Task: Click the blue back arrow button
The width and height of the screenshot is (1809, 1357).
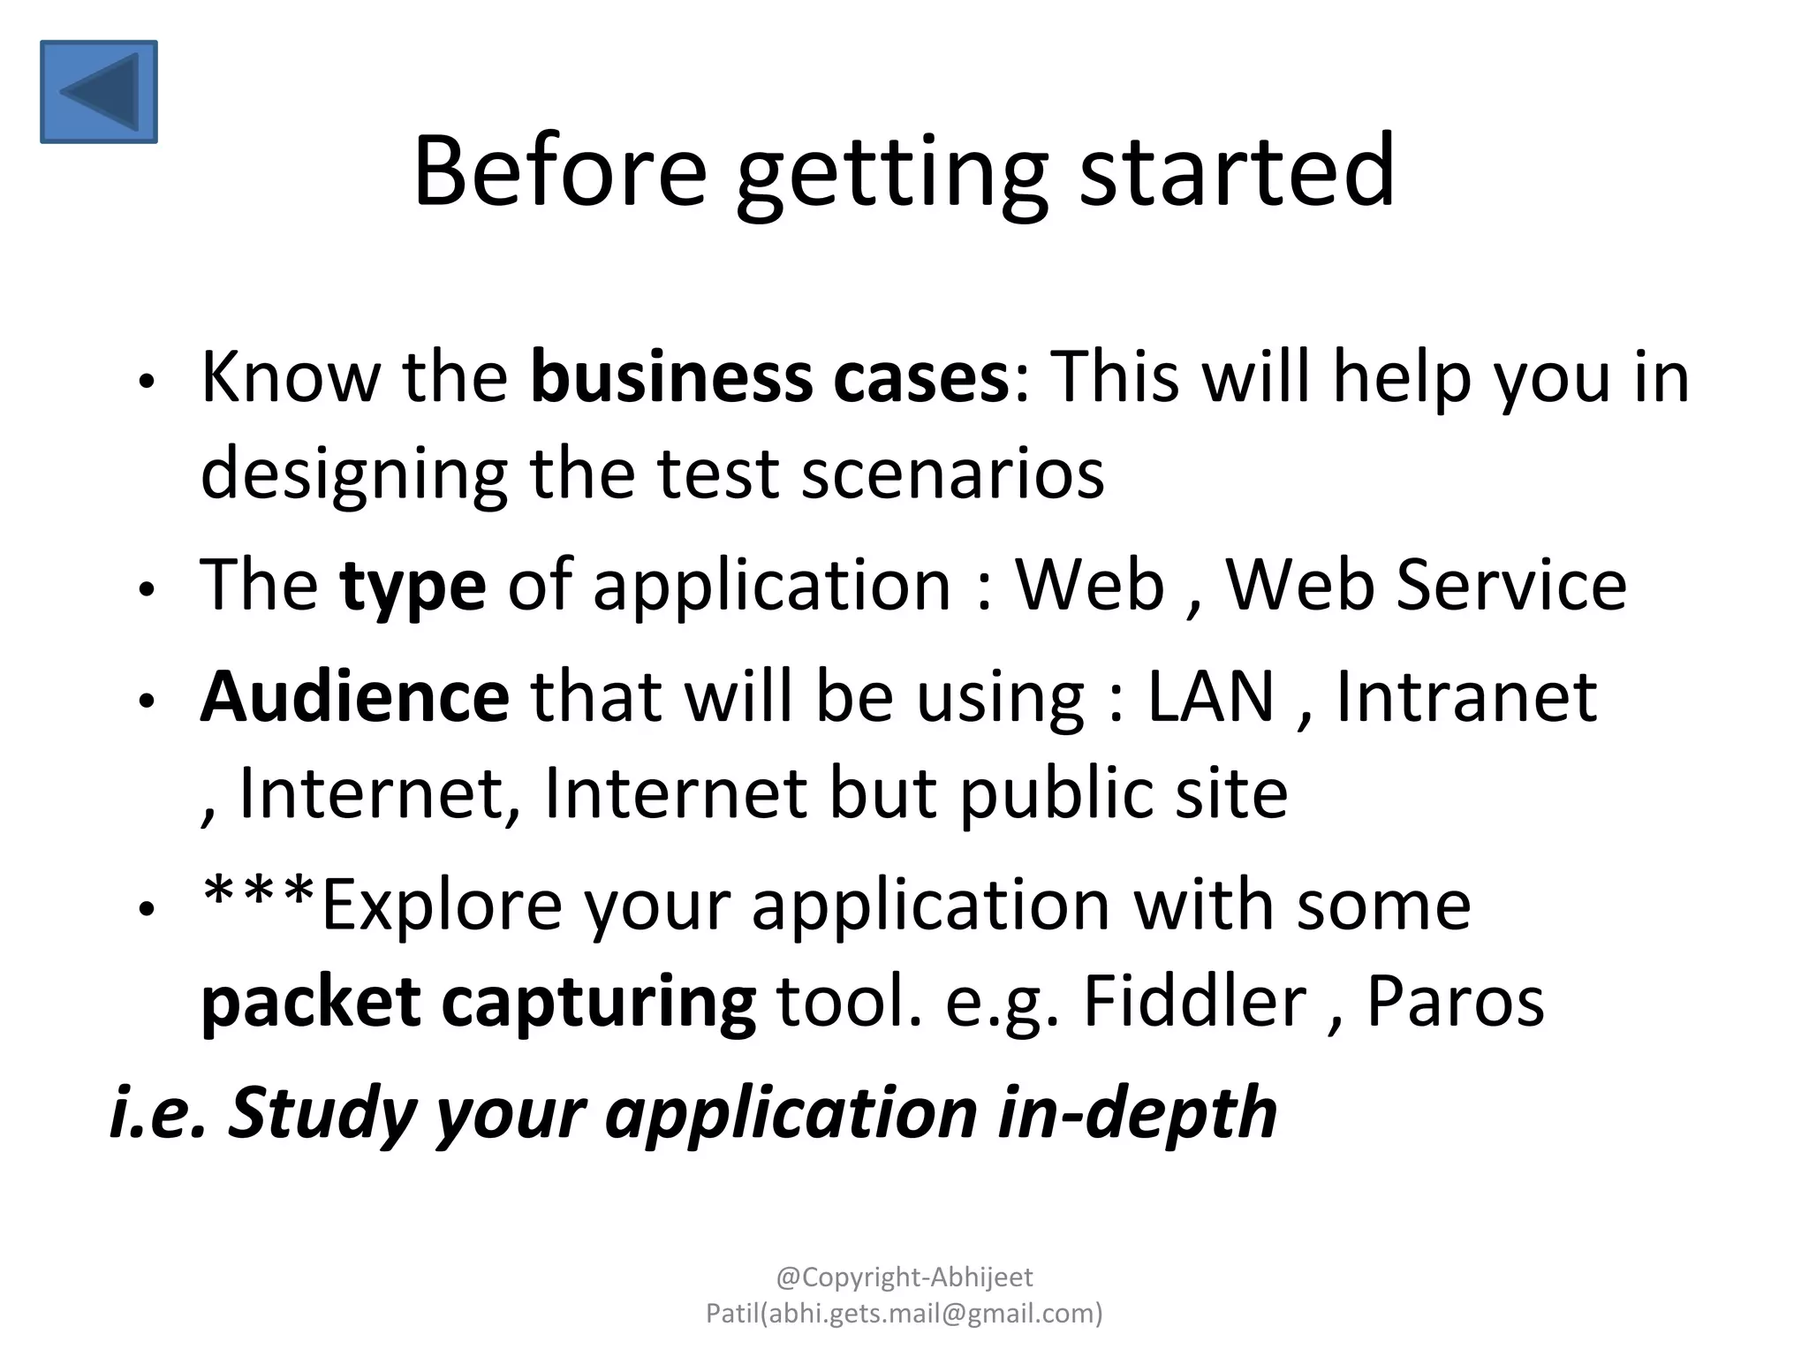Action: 99,91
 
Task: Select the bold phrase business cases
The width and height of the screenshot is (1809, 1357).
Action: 768,378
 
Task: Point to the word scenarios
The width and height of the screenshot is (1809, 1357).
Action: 952,474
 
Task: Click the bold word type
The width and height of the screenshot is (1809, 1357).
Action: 413,587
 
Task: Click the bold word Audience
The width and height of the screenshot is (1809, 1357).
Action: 354,697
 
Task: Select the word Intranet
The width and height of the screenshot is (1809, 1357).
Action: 1466,697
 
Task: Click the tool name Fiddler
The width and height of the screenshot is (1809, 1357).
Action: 1194,1001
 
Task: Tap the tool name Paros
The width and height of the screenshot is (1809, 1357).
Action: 1455,1001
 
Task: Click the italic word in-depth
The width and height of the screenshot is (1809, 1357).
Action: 1137,1113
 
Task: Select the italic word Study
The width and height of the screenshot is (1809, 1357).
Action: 322,1113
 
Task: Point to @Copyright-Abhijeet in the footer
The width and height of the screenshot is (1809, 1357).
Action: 904,1277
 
